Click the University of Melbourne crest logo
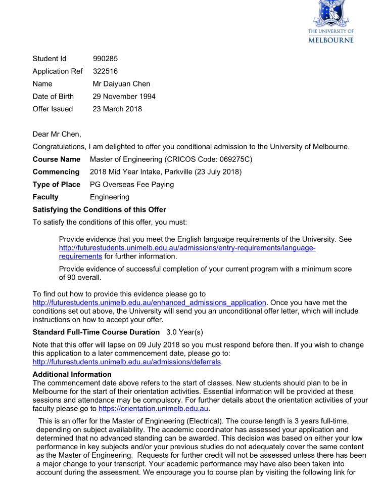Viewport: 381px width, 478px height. (x=330, y=12)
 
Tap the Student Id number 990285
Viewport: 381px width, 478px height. (x=106, y=59)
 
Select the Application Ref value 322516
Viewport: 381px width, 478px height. (x=106, y=71)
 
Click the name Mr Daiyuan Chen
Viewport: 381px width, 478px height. (x=122, y=84)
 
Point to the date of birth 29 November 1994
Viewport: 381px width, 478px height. (x=124, y=96)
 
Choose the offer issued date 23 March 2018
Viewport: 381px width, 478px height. (x=118, y=109)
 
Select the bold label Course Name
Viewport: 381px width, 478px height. (x=56, y=159)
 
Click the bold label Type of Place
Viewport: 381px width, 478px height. (x=57, y=184)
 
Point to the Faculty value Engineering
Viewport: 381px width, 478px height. (x=110, y=197)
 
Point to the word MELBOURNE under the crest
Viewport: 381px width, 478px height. (x=330, y=40)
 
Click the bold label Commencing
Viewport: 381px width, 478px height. (x=56, y=172)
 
